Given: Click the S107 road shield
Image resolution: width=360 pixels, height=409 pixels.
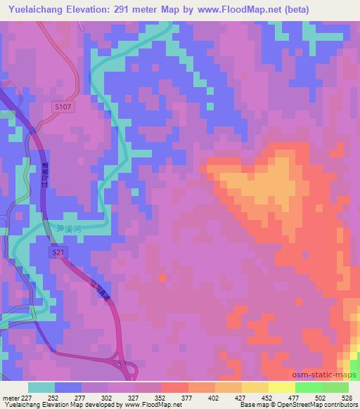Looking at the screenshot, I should coord(63,106).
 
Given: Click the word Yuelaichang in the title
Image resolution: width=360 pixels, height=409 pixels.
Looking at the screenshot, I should coord(33,9).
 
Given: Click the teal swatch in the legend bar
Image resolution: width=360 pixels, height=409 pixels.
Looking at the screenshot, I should coord(41,387).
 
